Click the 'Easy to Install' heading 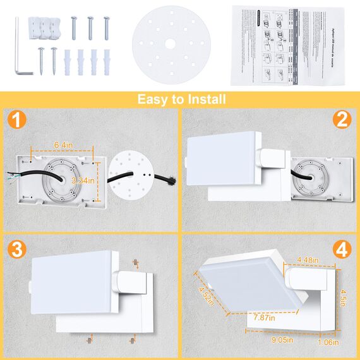(x=180, y=99)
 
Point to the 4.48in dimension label (x=309, y=259)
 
